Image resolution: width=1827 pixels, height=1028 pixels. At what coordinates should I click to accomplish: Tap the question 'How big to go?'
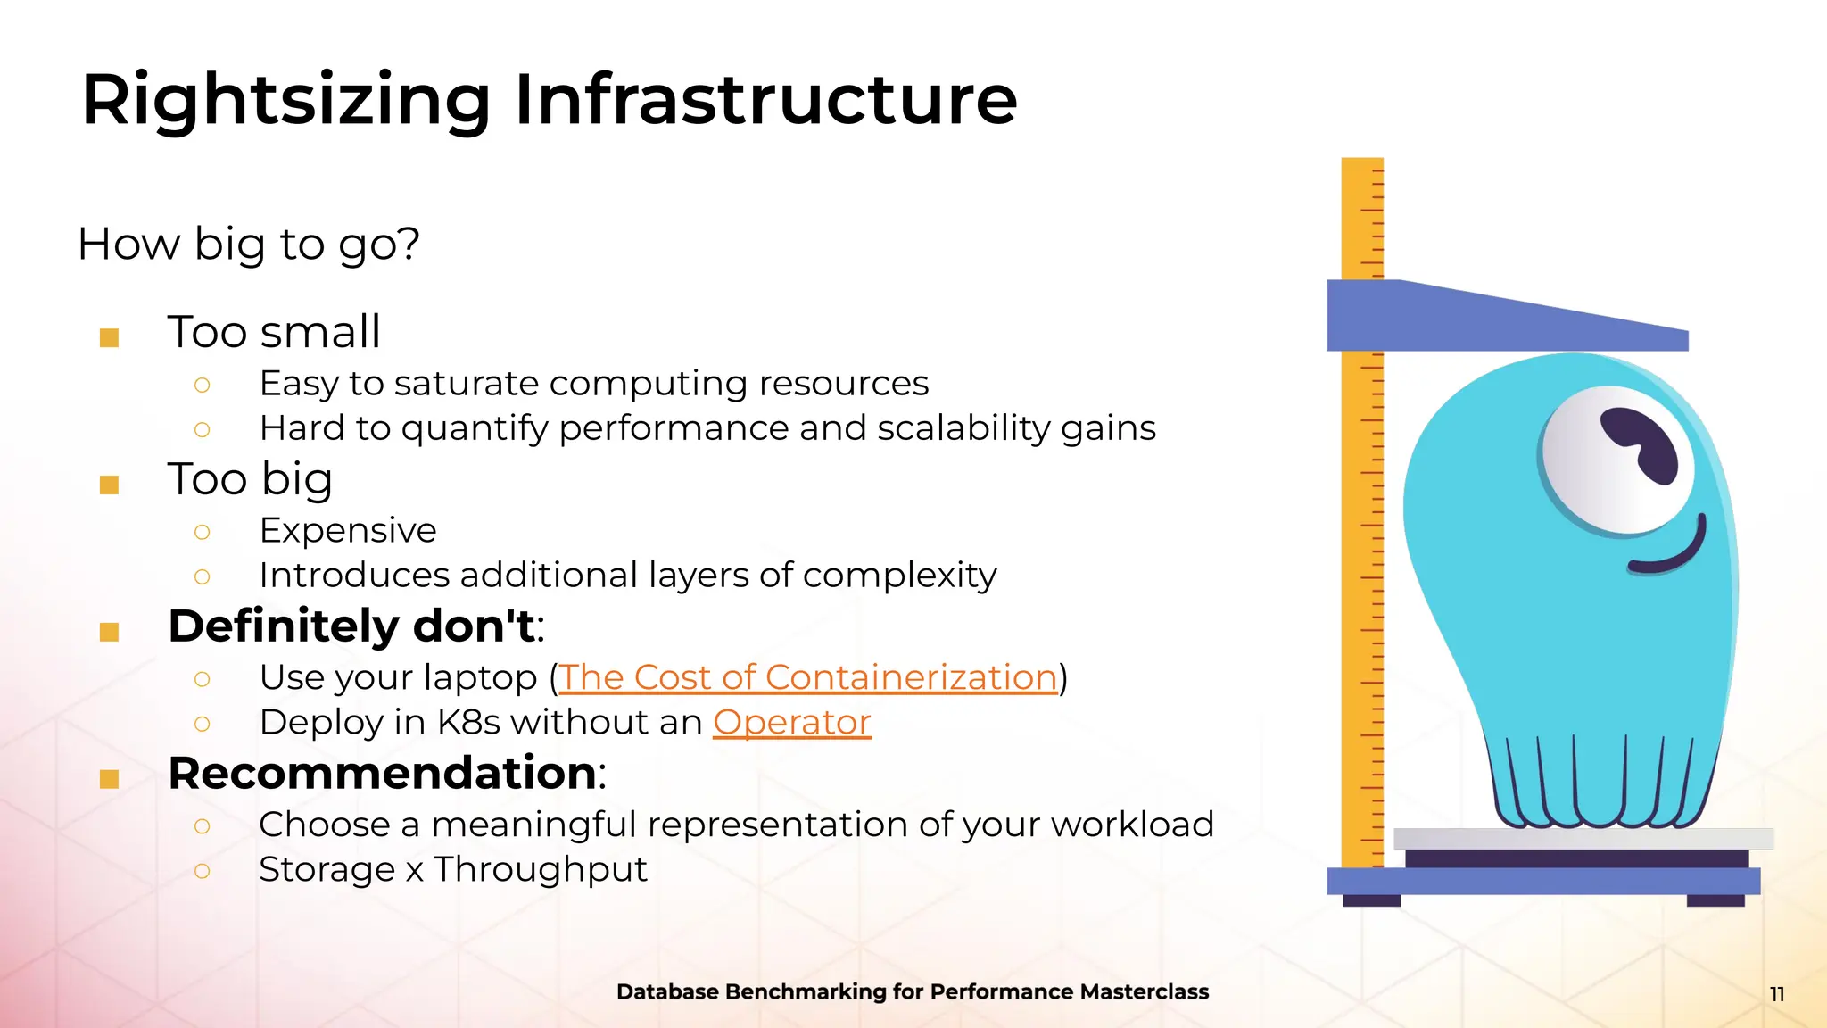click(x=248, y=244)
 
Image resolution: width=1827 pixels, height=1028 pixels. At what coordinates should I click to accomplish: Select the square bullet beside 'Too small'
click(x=110, y=337)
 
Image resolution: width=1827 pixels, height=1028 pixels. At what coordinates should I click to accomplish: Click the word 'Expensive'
click(x=348, y=531)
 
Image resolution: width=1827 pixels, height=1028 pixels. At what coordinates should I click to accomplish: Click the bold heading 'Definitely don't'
click(x=352, y=626)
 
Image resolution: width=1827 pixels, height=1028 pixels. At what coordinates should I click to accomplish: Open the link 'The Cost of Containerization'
click(x=807, y=677)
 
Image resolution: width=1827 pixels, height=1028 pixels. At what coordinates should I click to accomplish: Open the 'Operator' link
click(x=791, y=722)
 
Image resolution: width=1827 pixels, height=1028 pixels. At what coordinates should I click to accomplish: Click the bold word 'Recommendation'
click(x=382, y=773)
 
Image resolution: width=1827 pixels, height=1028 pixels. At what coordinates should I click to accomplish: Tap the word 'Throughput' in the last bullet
click(x=541, y=869)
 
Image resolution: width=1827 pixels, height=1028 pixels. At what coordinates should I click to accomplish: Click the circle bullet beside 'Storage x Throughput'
click(x=203, y=871)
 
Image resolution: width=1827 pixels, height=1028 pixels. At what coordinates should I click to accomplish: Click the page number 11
click(x=1776, y=994)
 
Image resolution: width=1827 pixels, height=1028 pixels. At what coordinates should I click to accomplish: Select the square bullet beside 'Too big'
click(x=110, y=485)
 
